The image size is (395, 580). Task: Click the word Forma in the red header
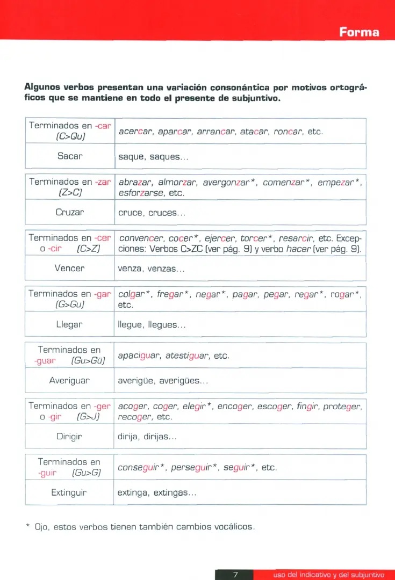pyautogui.click(x=359, y=32)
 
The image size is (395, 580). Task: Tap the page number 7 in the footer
pyautogui.click(x=235, y=575)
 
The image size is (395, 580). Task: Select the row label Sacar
pyautogui.click(x=70, y=156)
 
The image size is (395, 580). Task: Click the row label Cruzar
pyautogui.click(x=70, y=212)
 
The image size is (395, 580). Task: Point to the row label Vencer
pyautogui.click(x=70, y=268)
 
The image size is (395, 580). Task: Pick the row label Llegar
pyautogui.click(x=70, y=324)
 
